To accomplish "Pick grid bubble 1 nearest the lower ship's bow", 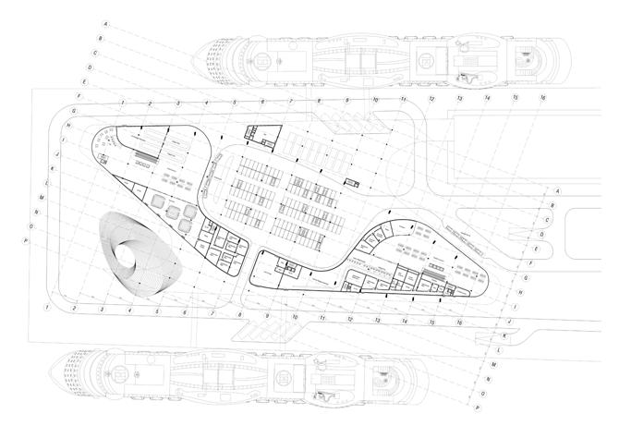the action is pos(46,306).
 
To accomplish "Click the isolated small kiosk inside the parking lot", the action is pos(352,182).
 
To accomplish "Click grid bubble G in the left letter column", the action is pos(71,110).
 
